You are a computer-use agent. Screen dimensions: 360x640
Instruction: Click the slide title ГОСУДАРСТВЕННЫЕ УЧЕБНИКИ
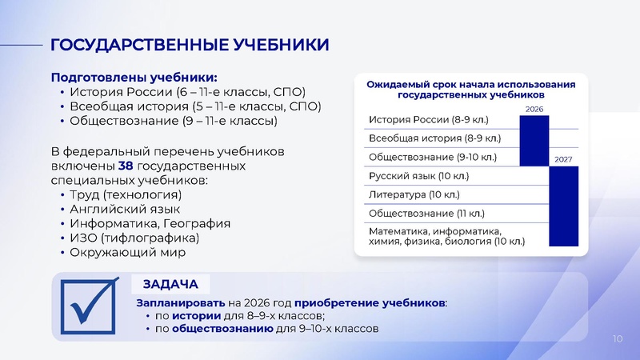[190, 43]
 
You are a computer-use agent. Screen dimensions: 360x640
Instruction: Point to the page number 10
[617, 339]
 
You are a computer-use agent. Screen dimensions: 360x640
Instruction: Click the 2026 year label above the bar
[534, 108]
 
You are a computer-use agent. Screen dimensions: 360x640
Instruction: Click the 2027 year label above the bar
[562, 159]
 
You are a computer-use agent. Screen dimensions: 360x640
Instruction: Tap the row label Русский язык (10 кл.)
[418, 175]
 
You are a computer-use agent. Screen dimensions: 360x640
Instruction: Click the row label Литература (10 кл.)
[414, 194]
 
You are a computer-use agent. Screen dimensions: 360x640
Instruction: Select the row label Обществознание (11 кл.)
[421, 213]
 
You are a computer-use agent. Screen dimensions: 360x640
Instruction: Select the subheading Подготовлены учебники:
[134, 78]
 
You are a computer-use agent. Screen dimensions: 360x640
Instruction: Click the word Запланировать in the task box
[180, 303]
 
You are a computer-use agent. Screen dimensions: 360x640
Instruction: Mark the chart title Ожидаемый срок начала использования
[471, 83]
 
